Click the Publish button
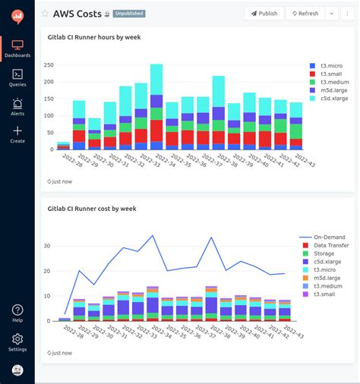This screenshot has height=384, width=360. pyautogui.click(x=264, y=13)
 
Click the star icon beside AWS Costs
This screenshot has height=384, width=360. pyautogui.click(x=45, y=14)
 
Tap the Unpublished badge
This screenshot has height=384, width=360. pyautogui.click(x=129, y=14)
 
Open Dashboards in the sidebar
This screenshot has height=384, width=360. pyautogui.click(x=17, y=49)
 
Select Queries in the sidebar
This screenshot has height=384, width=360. pyautogui.click(x=17, y=77)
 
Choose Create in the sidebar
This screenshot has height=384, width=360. pyautogui.click(x=17, y=134)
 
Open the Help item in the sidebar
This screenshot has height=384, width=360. pyautogui.click(x=17, y=313)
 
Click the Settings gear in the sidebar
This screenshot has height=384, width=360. pyautogui.click(x=17, y=342)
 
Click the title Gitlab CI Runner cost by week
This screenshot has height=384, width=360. pyautogui.click(x=91, y=208)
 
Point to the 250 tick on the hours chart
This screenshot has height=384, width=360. pyautogui.click(x=49, y=65)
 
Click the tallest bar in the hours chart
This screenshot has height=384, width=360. pyautogui.click(x=156, y=106)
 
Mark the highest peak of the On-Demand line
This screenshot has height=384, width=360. pyautogui.click(x=153, y=235)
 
